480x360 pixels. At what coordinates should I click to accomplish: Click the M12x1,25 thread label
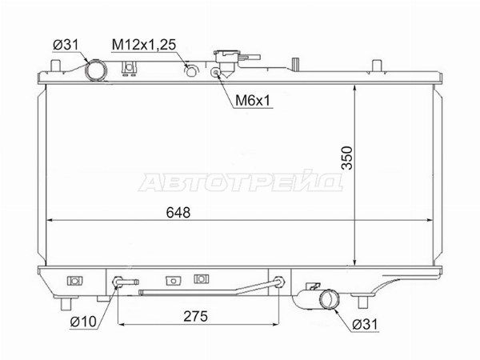click(144, 45)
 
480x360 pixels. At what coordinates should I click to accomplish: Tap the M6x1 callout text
click(253, 100)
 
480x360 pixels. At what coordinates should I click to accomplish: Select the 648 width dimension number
click(178, 212)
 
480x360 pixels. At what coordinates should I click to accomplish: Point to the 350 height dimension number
click(347, 158)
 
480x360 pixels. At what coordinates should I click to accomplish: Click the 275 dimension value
click(196, 316)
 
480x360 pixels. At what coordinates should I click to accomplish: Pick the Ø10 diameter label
click(83, 322)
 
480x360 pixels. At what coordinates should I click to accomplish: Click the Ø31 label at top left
click(66, 45)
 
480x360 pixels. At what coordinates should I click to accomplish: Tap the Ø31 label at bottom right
click(365, 324)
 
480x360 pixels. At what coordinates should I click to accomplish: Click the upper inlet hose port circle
click(96, 70)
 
